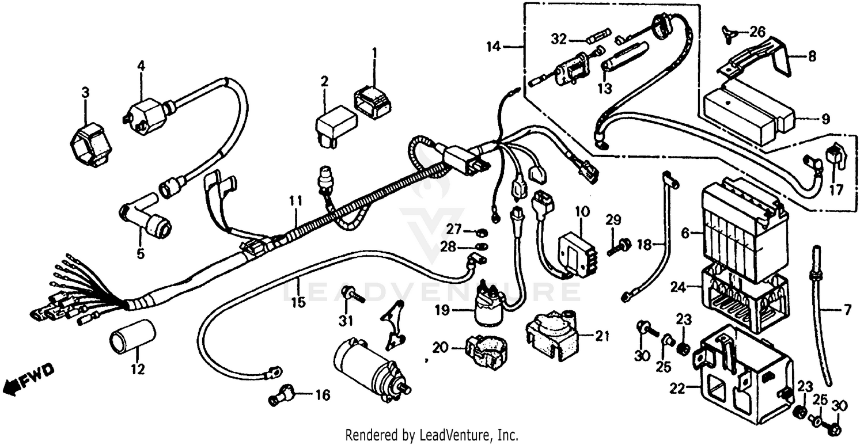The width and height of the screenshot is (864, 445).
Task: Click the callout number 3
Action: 85,92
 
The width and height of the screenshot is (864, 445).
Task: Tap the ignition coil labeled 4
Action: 146,115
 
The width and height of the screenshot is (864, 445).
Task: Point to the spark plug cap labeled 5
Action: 147,219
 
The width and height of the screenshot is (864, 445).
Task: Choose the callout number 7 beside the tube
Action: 847,311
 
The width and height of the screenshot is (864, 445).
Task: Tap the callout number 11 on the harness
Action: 295,201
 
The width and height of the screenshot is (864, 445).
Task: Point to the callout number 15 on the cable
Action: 298,301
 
